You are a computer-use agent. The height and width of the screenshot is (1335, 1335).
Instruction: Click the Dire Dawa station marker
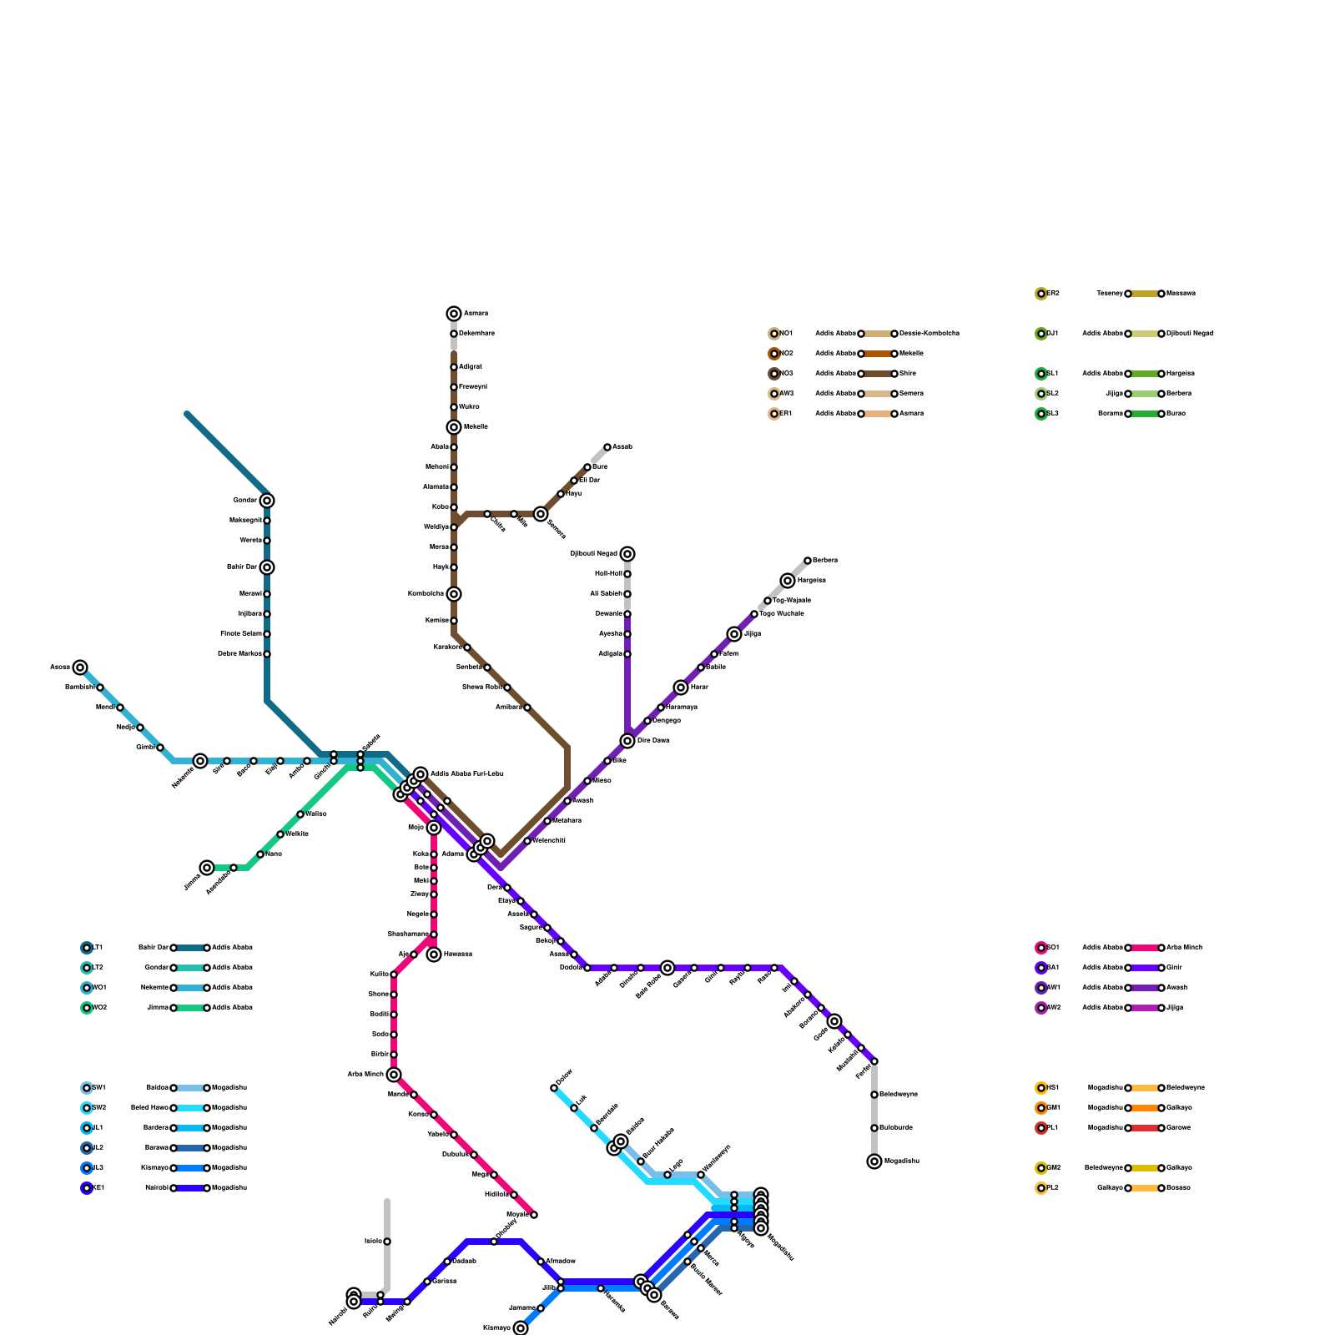click(x=627, y=741)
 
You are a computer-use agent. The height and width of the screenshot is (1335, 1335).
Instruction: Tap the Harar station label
click(x=699, y=688)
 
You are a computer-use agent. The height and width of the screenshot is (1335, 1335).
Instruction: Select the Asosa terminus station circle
click(x=80, y=667)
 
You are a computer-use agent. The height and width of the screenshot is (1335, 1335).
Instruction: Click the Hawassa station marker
click(x=434, y=955)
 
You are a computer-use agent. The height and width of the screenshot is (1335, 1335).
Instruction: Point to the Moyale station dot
click(x=534, y=1215)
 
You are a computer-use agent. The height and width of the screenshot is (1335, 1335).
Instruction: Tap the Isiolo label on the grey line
click(x=373, y=1242)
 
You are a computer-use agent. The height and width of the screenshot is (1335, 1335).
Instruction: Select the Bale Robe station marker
click(x=667, y=968)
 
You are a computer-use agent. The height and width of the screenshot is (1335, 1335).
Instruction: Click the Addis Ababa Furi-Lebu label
click(x=466, y=774)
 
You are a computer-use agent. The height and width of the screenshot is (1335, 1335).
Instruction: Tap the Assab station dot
click(x=607, y=447)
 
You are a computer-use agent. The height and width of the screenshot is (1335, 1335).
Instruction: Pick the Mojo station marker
click(x=434, y=828)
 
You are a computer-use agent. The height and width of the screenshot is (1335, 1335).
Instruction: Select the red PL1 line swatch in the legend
click(x=1145, y=1128)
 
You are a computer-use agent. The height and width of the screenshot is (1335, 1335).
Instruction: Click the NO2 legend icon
click(x=774, y=354)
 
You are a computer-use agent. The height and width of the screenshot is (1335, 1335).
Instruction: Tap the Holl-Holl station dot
click(x=627, y=574)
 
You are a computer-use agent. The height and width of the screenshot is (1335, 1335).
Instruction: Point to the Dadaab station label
click(x=464, y=1262)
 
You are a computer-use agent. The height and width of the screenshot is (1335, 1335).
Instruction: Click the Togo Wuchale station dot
click(x=754, y=614)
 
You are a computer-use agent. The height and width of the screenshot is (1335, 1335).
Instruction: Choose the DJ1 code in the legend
click(x=1053, y=334)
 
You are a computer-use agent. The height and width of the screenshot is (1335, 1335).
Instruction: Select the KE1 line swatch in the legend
click(x=190, y=1188)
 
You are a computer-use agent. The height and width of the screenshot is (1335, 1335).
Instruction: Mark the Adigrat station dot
click(x=454, y=367)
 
